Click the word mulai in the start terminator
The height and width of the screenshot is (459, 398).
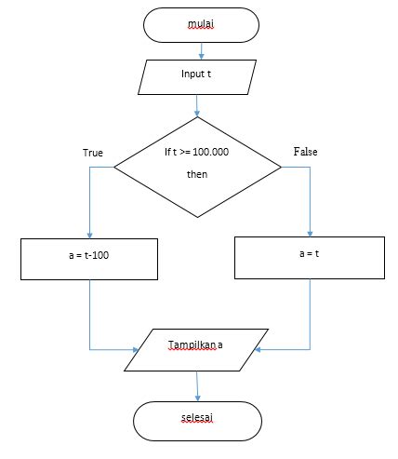tap(200, 24)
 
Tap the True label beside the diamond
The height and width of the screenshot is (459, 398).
tap(93, 152)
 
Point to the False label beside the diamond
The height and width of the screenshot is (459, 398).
tap(306, 151)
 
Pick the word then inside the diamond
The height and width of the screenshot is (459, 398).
tap(197, 174)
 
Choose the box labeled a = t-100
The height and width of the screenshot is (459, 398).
tap(89, 258)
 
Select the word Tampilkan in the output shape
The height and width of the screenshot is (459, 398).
tap(191, 344)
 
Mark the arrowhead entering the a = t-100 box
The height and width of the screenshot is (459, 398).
tap(89, 235)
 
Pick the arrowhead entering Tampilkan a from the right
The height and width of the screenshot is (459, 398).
tap(259, 350)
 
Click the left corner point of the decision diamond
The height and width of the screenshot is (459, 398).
tap(114, 168)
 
